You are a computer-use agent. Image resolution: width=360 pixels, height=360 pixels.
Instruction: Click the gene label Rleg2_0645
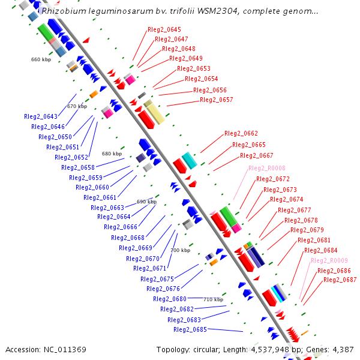[164, 29]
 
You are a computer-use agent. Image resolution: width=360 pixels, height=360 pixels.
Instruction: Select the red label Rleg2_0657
[216, 100]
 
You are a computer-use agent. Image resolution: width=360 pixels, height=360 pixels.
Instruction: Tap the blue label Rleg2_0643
[41, 116]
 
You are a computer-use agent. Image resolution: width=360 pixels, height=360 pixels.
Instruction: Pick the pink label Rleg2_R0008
[267, 168]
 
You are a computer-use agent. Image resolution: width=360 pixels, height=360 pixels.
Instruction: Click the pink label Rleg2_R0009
[329, 260]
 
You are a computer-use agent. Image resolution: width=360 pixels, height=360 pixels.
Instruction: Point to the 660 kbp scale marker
[41, 59]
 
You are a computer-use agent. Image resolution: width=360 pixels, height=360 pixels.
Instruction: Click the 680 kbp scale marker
[112, 154]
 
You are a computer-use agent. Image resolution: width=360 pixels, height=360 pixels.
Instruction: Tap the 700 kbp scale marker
[181, 250]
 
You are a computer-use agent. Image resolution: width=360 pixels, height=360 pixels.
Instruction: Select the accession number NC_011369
[65, 350]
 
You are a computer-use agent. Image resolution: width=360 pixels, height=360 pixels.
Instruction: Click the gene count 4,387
[343, 350]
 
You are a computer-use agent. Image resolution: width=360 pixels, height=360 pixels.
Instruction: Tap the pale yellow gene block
[154, 112]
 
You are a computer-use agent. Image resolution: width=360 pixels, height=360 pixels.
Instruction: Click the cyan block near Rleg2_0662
[190, 160]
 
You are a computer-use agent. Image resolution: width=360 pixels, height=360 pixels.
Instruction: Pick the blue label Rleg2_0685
[190, 329]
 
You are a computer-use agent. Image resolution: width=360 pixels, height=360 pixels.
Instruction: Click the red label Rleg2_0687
[340, 280]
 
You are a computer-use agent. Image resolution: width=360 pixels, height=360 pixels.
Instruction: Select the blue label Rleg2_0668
[128, 238]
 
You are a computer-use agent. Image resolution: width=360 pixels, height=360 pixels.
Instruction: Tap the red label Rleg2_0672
[273, 179]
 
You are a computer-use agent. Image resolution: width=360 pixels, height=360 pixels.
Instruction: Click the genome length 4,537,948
[270, 350]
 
